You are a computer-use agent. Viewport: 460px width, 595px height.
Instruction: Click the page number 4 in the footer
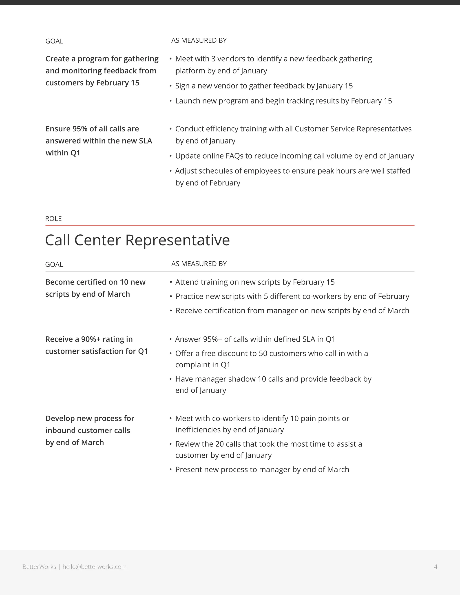[436, 567]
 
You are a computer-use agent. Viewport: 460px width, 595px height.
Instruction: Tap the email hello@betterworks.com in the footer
[94, 567]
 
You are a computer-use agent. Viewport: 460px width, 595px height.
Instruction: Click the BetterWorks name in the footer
[39, 567]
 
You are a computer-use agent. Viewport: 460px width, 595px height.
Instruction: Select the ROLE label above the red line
[53, 218]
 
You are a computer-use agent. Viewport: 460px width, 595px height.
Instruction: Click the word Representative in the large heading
[177, 240]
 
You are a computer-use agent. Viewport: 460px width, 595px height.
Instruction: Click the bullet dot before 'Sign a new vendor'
[171, 86]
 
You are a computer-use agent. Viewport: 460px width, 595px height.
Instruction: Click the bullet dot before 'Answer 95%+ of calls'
[171, 339]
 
